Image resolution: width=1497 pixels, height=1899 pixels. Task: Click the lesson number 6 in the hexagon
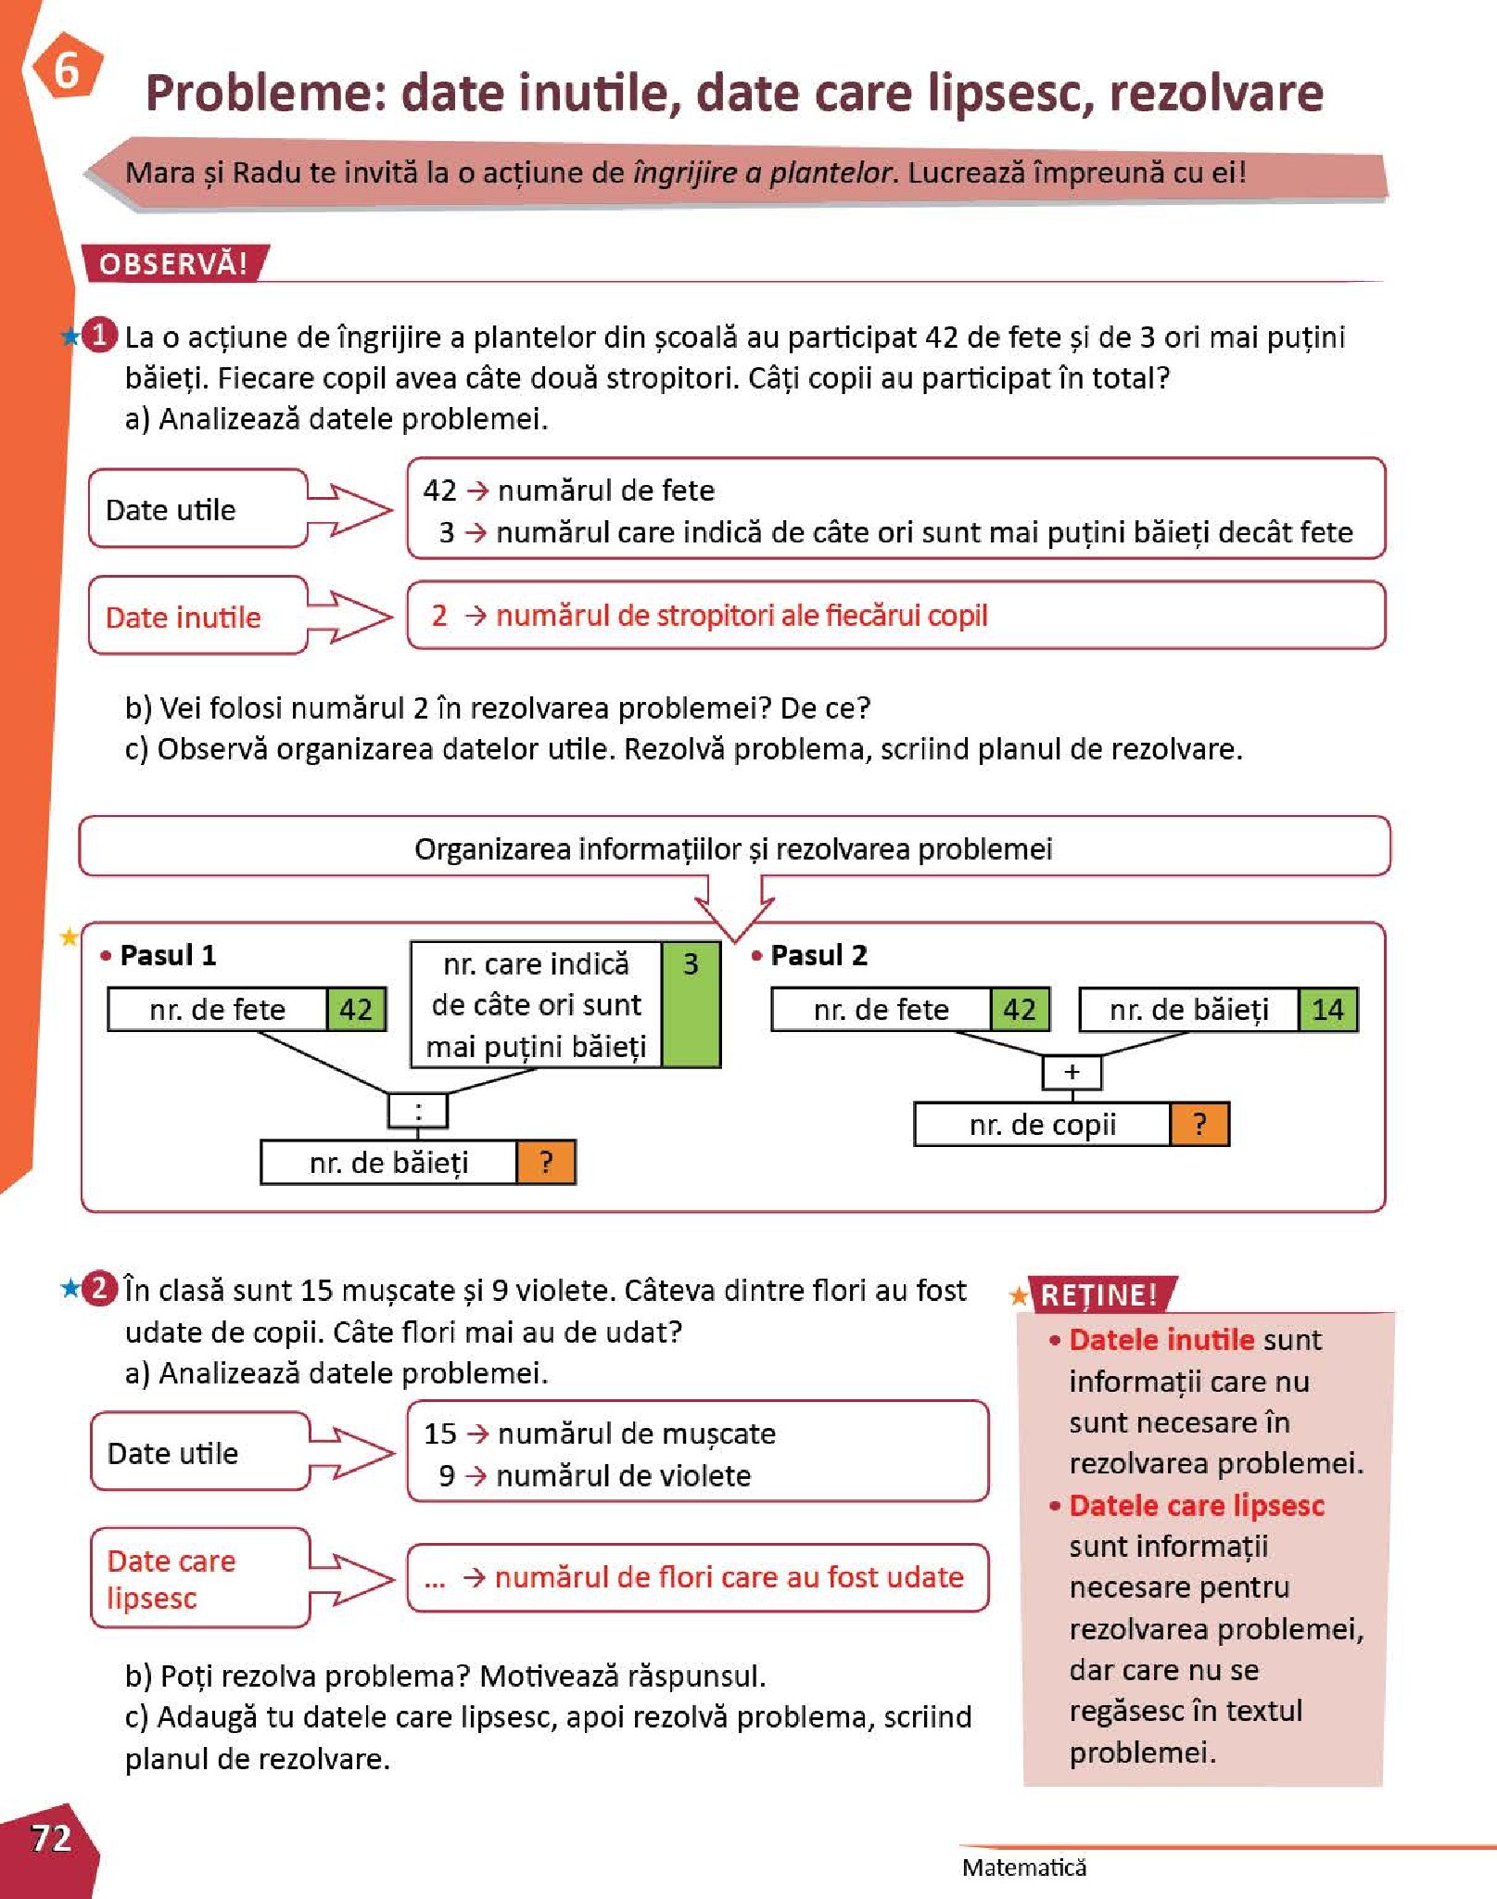tap(66, 70)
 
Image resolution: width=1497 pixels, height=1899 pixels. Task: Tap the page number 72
tap(51, 1837)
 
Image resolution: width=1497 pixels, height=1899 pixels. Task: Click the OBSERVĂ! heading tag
tap(173, 264)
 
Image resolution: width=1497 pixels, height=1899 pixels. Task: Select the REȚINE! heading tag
tap(1099, 1294)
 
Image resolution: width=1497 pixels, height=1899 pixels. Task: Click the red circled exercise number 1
tap(100, 335)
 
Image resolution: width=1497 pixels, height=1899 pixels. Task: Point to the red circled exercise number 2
tap(100, 1289)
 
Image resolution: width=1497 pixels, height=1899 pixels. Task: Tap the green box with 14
tap(1327, 1010)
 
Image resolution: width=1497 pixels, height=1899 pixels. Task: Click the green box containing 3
tap(691, 1004)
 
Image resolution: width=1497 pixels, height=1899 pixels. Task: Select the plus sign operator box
tap(1072, 1072)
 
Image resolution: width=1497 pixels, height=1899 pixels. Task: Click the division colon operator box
tap(418, 1111)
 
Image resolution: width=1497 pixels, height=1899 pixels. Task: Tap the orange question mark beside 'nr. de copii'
tap(1199, 1125)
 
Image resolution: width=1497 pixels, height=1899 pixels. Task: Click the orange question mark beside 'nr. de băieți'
tap(546, 1163)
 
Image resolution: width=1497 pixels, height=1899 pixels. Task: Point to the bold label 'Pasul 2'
tap(818, 955)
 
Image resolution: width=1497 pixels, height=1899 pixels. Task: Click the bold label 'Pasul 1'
tap(168, 955)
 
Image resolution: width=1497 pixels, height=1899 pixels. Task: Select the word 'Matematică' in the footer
tap(1023, 1867)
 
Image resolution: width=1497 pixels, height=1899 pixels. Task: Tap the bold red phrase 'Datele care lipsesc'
tap(1197, 1505)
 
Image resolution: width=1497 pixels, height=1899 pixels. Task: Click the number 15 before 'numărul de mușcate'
tap(440, 1434)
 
